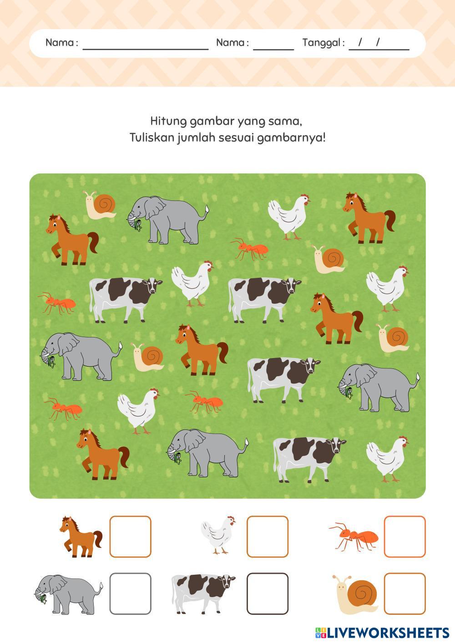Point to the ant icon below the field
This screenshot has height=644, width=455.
coord(354,537)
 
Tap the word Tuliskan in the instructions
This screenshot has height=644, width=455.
coord(152,138)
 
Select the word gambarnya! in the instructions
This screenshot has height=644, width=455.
coord(291,138)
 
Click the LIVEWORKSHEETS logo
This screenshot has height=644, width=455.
coord(382,633)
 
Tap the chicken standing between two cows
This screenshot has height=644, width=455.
coord(192,283)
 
